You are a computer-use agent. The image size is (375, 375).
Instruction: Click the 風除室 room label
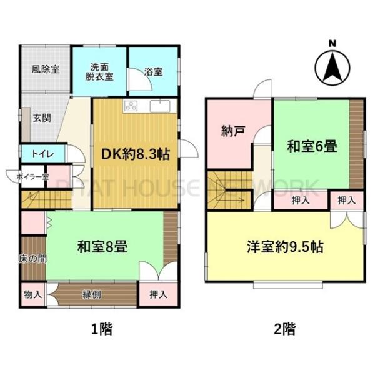(46, 69)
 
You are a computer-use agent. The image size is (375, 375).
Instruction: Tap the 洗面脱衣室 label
(99, 72)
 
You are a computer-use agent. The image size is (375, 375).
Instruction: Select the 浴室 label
(153, 72)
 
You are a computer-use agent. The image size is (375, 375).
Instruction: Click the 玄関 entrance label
(42, 118)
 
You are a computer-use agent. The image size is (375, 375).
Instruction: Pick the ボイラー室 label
(32, 177)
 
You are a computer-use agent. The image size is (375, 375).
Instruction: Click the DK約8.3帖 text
(136, 154)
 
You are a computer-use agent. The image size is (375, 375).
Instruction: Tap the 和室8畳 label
(102, 247)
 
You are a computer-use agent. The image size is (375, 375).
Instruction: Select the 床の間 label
(32, 259)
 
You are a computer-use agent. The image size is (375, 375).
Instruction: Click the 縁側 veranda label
(92, 294)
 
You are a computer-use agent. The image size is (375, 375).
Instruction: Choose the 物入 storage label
(32, 294)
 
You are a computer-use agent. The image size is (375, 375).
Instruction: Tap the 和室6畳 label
(312, 146)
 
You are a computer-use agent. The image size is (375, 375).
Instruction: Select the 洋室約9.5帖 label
(286, 247)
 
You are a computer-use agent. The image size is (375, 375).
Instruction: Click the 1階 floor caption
(102, 329)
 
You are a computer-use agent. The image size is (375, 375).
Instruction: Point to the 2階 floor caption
(284, 329)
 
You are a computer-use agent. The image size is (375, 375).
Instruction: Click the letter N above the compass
(332, 44)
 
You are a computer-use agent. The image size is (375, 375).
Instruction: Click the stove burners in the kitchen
(131, 106)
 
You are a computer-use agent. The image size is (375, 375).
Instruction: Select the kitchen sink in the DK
(160, 106)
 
